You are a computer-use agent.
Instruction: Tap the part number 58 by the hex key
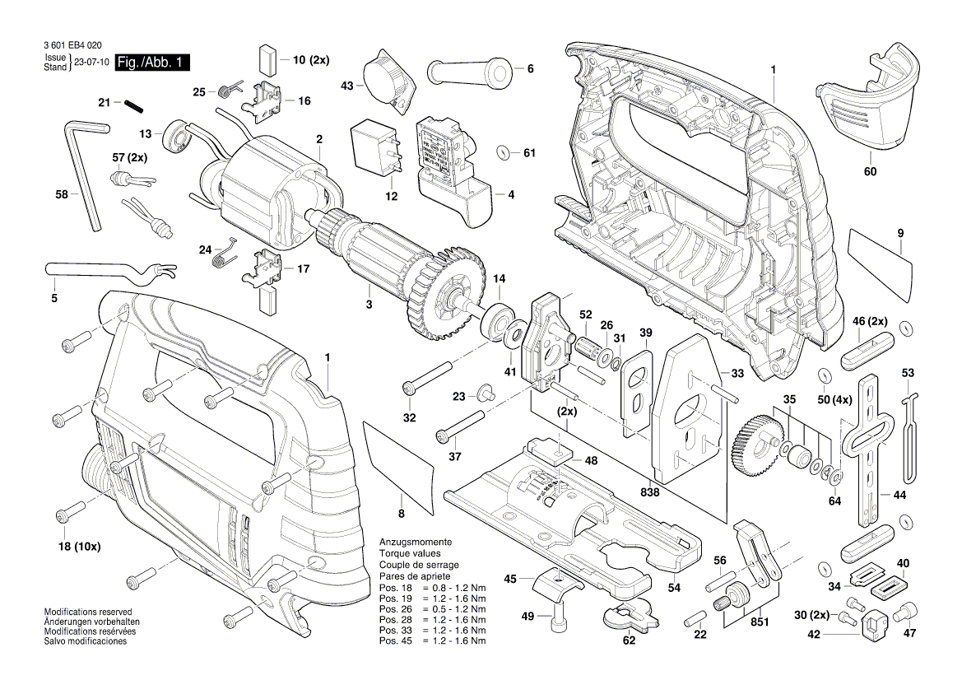pyautogui.click(x=61, y=195)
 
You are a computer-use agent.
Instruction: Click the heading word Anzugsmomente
pyautogui.click(x=415, y=543)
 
